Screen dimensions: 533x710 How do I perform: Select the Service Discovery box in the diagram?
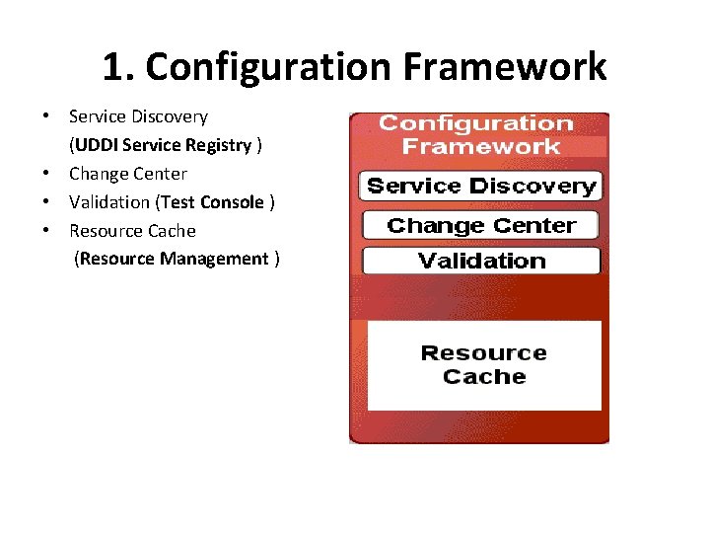click(481, 186)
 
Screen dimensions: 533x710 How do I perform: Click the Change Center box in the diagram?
click(481, 225)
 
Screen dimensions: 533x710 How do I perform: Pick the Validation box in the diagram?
click(481, 261)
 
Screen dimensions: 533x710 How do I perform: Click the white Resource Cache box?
click(483, 364)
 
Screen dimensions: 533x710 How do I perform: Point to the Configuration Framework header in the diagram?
click(476, 135)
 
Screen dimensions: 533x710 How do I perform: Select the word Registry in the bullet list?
click(223, 145)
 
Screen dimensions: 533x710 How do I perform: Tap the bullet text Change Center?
click(127, 174)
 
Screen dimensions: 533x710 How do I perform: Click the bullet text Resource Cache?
click(132, 231)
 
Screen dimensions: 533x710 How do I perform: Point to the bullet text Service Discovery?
click(138, 116)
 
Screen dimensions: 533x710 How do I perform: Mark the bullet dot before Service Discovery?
click(47, 116)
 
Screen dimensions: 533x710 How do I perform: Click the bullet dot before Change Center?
click(47, 174)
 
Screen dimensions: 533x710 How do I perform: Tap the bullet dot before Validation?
click(47, 202)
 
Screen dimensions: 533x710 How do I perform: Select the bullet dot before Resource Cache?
click(47, 231)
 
